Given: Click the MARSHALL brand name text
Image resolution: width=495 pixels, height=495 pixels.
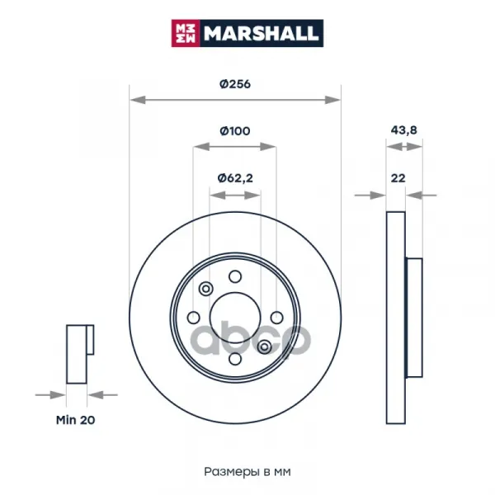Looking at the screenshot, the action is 261,33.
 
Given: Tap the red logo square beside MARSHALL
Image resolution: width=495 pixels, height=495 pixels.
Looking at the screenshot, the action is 186,33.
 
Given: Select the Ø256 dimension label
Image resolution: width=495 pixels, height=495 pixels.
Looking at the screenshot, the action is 235,84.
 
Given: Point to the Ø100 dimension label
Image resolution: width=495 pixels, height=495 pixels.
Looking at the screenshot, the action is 235,130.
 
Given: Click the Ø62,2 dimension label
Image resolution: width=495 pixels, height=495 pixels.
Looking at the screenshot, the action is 235,178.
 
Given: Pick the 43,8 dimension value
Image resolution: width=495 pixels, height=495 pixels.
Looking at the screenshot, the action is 403,130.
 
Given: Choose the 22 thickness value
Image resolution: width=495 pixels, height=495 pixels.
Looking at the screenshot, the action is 398,178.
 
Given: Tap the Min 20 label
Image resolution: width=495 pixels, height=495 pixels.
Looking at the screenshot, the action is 75,420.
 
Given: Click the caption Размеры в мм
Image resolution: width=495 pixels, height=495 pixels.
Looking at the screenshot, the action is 247,472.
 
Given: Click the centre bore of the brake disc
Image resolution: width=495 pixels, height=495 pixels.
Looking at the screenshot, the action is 235,318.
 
